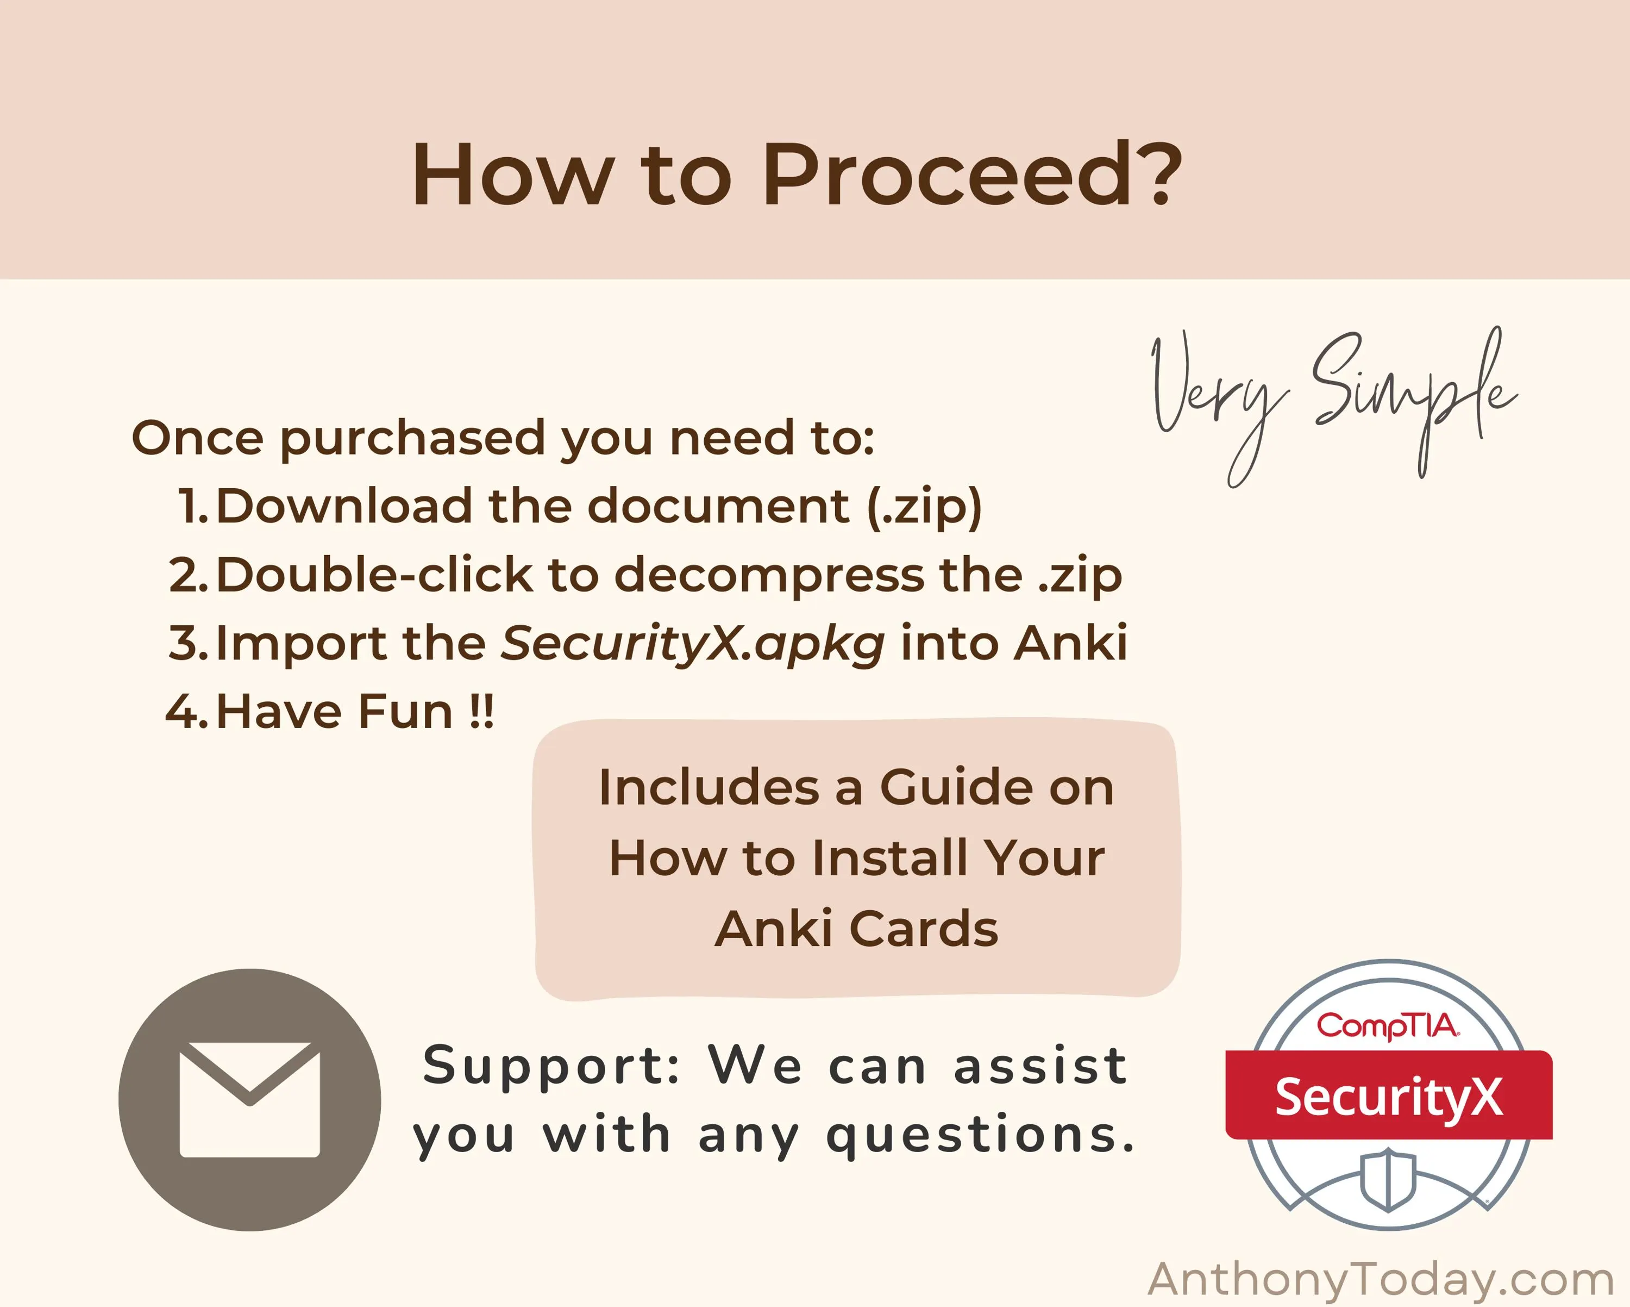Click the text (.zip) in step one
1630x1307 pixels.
tap(924, 507)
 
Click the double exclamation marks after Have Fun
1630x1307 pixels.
tap(481, 711)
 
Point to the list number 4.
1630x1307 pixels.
tap(186, 712)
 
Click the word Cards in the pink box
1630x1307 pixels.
tap(923, 929)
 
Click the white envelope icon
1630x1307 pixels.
tap(249, 1100)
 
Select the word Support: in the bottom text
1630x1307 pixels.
tap(553, 1067)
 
